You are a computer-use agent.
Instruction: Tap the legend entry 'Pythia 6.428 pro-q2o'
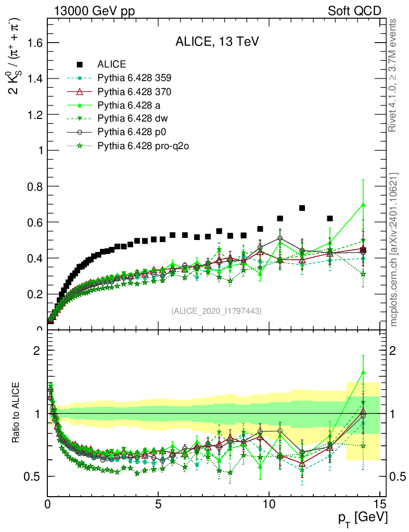tap(143, 146)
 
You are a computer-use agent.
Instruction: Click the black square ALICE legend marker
tap(80, 64)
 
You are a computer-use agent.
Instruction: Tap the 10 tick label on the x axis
tap(269, 504)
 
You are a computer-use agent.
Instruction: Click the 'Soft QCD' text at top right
tap(354, 11)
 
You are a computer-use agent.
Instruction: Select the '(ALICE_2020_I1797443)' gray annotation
tap(216, 311)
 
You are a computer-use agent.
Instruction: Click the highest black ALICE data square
tap(302, 208)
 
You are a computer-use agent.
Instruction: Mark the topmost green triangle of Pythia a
tap(363, 205)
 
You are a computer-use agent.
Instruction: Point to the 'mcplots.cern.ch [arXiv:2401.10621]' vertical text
tap(394, 249)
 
